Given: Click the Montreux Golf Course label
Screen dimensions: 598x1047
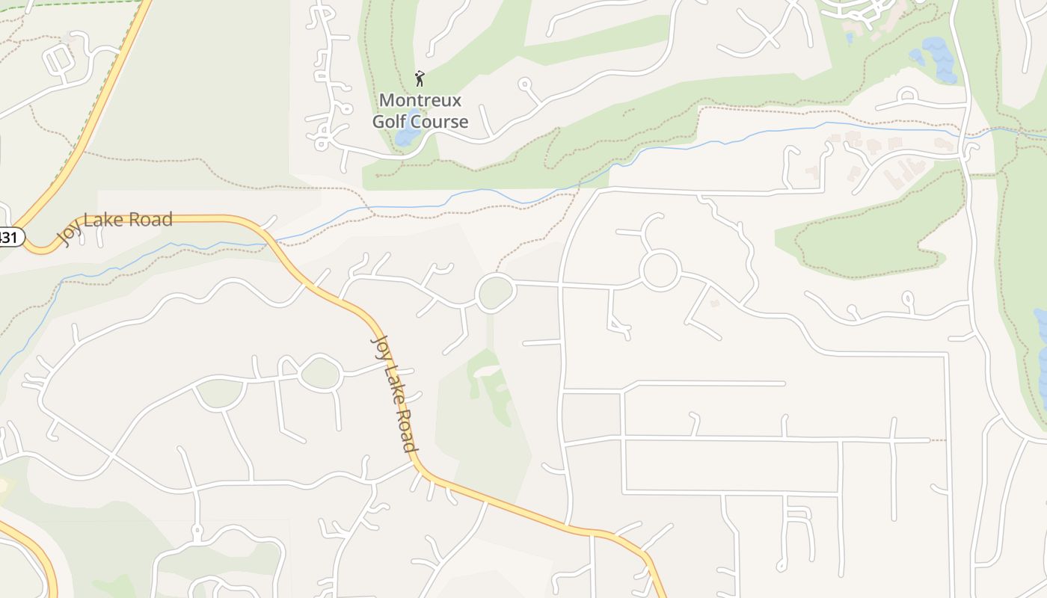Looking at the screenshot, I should tap(420, 111).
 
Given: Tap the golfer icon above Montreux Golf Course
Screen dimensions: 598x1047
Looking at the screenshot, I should tap(420, 78).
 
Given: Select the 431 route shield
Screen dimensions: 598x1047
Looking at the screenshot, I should tap(10, 238).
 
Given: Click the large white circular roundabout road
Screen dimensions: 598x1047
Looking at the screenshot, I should tap(660, 269).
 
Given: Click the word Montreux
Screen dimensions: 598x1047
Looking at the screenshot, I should tap(420, 100).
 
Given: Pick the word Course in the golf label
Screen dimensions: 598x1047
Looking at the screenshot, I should tap(443, 121).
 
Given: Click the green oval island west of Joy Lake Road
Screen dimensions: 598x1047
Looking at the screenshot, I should tap(320, 373).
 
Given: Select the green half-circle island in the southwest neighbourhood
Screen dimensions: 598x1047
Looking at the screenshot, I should tap(221, 392).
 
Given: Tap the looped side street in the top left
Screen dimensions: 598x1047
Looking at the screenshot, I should tap(58, 60).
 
